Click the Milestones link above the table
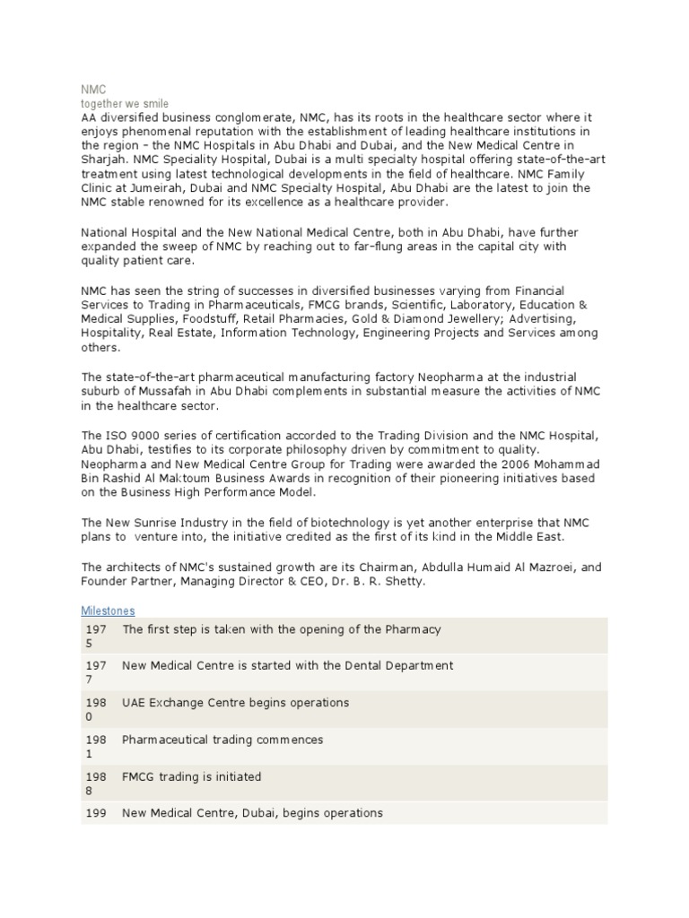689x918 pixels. [x=108, y=611]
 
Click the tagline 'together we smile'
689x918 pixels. [x=125, y=104]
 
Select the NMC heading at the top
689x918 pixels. [x=93, y=90]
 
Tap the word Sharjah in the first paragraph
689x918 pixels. [x=102, y=160]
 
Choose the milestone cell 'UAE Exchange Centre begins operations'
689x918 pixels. [x=235, y=702]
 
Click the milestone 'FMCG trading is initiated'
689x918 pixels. [x=191, y=776]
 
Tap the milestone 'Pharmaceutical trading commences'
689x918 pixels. [x=222, y=740]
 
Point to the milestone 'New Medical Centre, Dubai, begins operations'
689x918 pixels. [x=252, y=812]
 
